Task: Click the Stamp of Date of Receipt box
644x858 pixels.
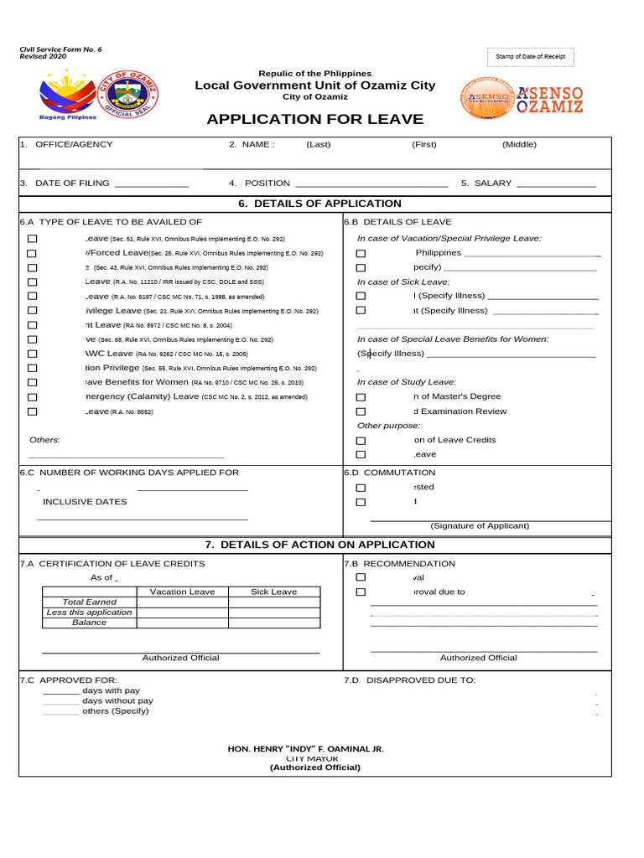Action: coord(530,57)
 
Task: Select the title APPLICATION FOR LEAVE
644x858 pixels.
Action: coord(315,119)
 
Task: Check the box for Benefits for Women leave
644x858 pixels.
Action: coord(32,383)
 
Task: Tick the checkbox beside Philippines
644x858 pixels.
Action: coord(361,253)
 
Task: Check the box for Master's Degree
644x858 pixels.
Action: coord(361,397)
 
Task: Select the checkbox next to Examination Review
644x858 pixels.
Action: coord(361,411)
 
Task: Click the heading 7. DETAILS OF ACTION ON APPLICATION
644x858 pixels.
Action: coord(320,545)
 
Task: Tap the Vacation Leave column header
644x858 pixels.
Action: coord(182,592)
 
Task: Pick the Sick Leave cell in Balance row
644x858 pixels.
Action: coord(273,623)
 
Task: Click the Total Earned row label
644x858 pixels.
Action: coord(90,602)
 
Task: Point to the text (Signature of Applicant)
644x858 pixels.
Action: coord(480,526)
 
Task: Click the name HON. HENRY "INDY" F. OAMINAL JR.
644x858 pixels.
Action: coord(306,749)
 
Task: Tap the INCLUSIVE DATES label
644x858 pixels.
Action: coord(85,502)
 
